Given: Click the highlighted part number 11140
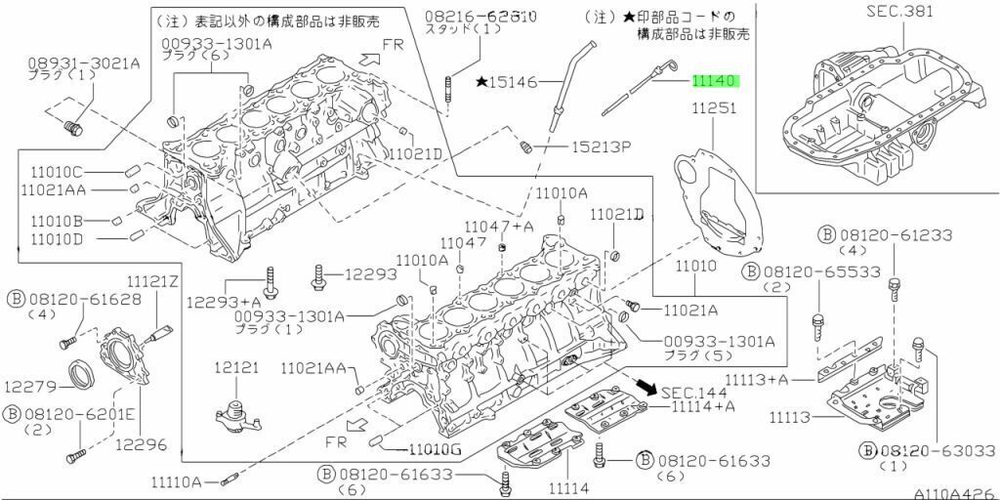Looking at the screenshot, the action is click(716, 82).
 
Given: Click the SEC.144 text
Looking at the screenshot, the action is click(696, 392).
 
